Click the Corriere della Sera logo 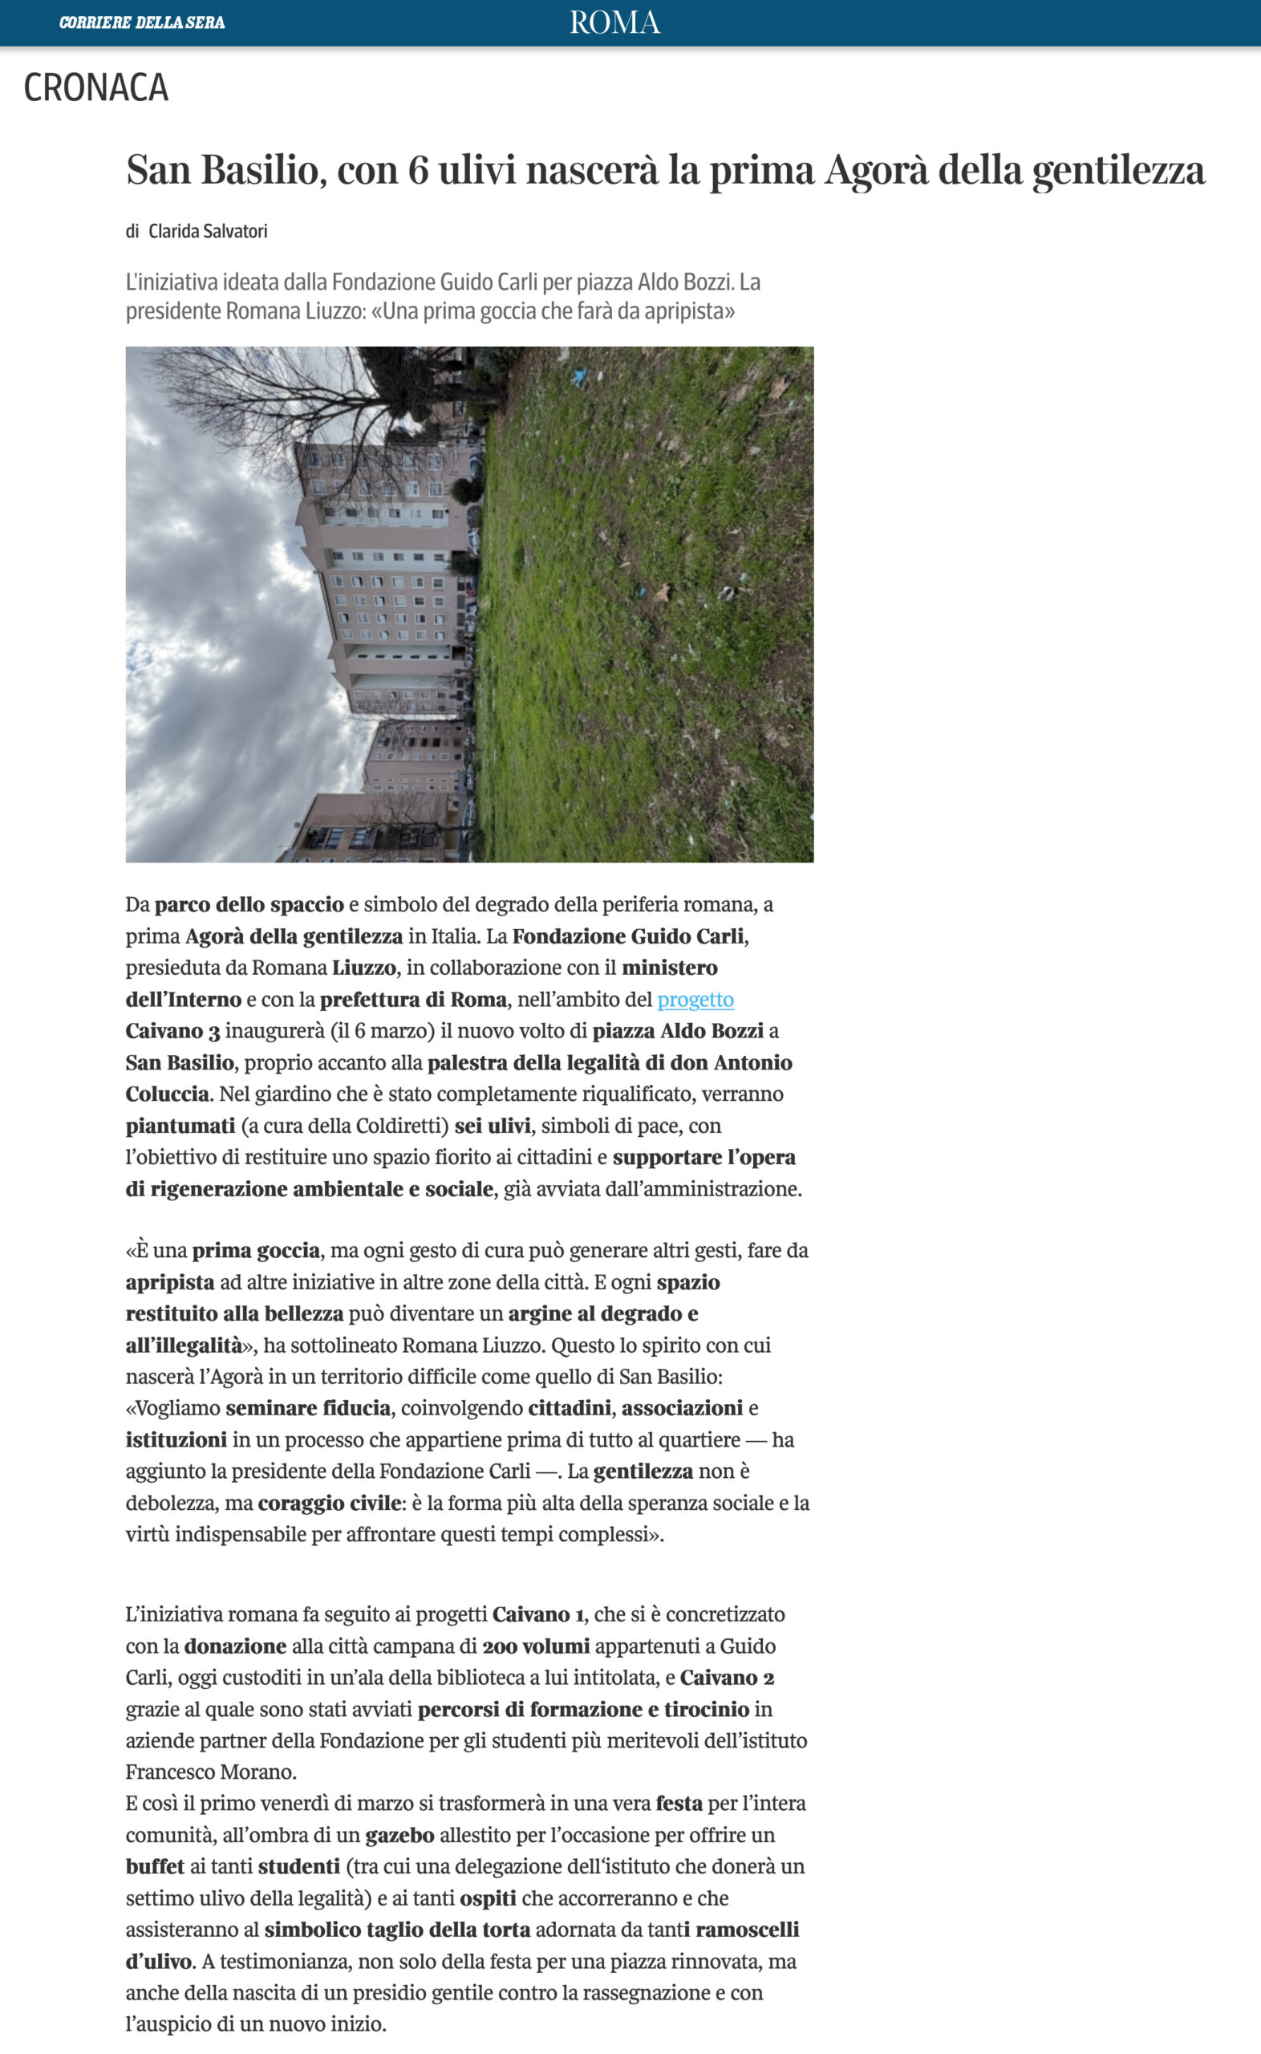142,22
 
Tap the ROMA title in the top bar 614,22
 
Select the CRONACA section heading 96,87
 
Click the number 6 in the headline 418,170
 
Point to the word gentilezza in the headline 1117,170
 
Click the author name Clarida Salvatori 208,231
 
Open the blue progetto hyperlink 695,999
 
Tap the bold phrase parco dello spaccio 249,904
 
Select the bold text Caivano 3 172,1031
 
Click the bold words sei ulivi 492,1126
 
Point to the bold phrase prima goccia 256,1250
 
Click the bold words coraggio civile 330,1503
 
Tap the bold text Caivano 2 728,1678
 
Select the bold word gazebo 399,1835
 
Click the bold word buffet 155,1866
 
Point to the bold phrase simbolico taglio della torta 397,1930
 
